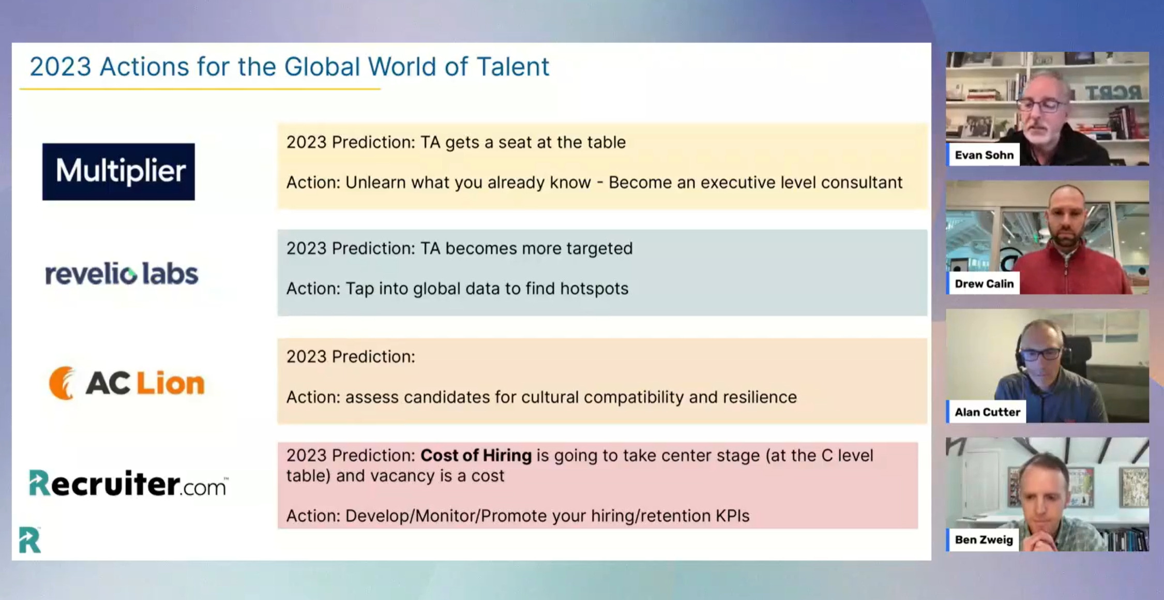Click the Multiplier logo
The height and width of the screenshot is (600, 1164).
pos(118,172)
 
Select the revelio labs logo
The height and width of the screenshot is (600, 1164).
pos(122,274)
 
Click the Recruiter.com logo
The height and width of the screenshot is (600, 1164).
pos(128,483)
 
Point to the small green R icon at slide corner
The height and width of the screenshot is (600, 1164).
pos(29,540)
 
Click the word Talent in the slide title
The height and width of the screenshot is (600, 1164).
pos(512,67)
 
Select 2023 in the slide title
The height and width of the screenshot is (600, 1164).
pos(61,67)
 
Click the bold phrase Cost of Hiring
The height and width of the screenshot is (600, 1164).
pos(476,455)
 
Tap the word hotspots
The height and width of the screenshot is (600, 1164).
pos(594,289)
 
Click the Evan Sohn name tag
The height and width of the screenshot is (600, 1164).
pos(984,155)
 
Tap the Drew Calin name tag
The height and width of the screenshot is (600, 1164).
pos(984,283)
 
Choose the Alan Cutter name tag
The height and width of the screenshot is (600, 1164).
pos(987,412)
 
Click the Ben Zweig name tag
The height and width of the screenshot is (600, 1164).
pos(983,539)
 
